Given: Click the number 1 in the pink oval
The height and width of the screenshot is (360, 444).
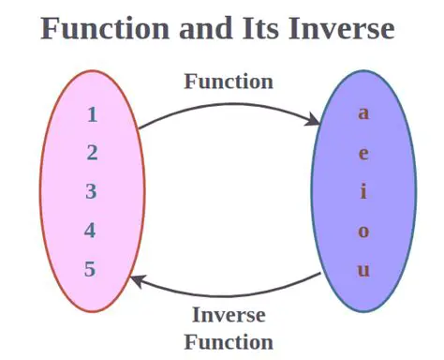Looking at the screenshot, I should [x=92, y=115].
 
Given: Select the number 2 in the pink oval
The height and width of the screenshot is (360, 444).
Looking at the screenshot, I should [x=92, y=154].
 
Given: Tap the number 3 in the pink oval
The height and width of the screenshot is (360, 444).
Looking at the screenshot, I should [x=92, y=192].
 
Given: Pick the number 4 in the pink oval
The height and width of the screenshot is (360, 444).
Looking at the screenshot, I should [x=91, y=231].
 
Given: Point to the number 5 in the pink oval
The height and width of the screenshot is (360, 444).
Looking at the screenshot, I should [x=91, y=269].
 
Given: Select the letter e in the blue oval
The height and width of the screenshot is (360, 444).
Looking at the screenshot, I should [x=363, y=154].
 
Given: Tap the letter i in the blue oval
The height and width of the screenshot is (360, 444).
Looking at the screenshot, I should [x=363, y=192].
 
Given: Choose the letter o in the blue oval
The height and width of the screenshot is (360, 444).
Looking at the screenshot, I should [x=363, y=232].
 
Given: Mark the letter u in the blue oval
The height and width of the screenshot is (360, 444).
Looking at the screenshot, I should [x=363, y=270].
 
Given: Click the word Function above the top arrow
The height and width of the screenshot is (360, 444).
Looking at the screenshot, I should [x=229, y=82].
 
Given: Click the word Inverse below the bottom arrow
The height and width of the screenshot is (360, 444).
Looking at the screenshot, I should [x=229, y=315].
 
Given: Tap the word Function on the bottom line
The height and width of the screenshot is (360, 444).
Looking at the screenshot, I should [x=229, y=341].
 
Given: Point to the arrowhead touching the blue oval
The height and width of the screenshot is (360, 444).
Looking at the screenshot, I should [x=317, y=120].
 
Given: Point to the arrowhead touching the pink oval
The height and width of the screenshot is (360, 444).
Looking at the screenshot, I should [x=137, y=278].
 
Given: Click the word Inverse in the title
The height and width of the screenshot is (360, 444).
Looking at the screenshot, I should [x=340, y=29].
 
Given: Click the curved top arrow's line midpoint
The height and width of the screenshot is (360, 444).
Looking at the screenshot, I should [x=229, y=103].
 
